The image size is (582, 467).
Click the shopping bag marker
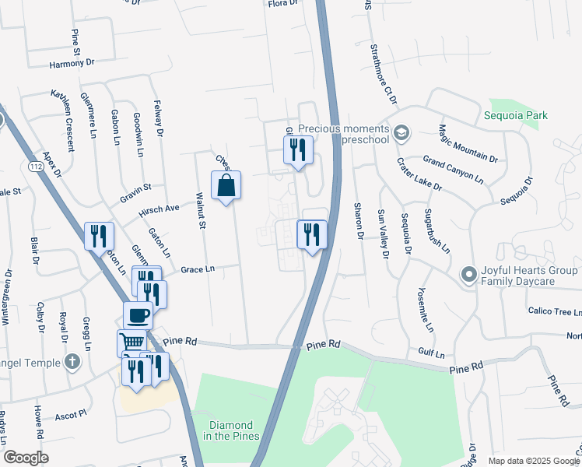(226, 186)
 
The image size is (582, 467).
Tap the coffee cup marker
(138, 316)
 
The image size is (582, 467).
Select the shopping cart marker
(131, 342)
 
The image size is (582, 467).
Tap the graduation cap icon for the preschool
(401, 130)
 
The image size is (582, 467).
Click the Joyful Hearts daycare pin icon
(468, 274)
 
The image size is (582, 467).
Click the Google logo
(26, 458)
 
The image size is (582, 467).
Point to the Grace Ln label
(197, 269)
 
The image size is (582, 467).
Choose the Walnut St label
(200, 211)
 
